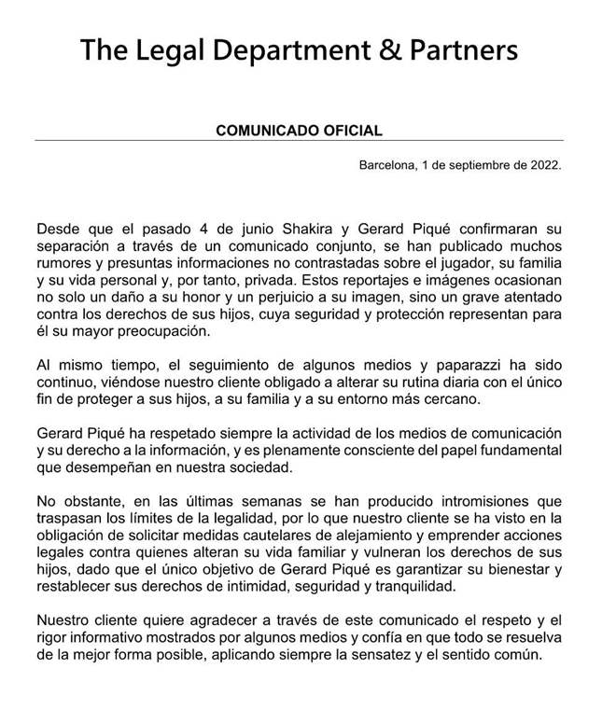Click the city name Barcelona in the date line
pos(387,165)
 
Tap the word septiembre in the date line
pos(477,165)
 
